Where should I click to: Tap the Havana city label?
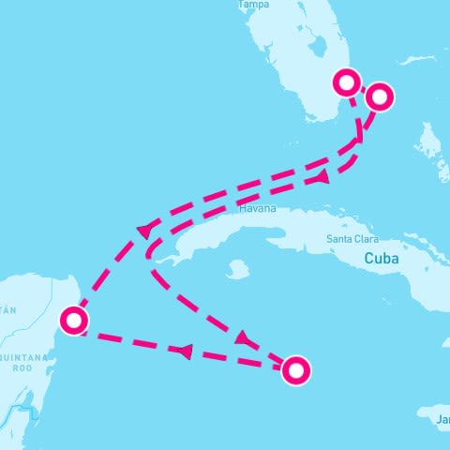pos(258,209)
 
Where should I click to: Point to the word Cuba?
pos(382,258)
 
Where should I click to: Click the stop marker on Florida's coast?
pos(348,82)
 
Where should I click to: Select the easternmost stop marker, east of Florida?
pos(380,96)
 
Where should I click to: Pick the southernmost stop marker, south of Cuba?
pos(296,370)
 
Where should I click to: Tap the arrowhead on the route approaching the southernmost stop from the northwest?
pos(242,337)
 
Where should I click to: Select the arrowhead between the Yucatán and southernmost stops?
pos(185,351)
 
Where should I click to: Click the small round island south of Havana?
pos(237,270)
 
